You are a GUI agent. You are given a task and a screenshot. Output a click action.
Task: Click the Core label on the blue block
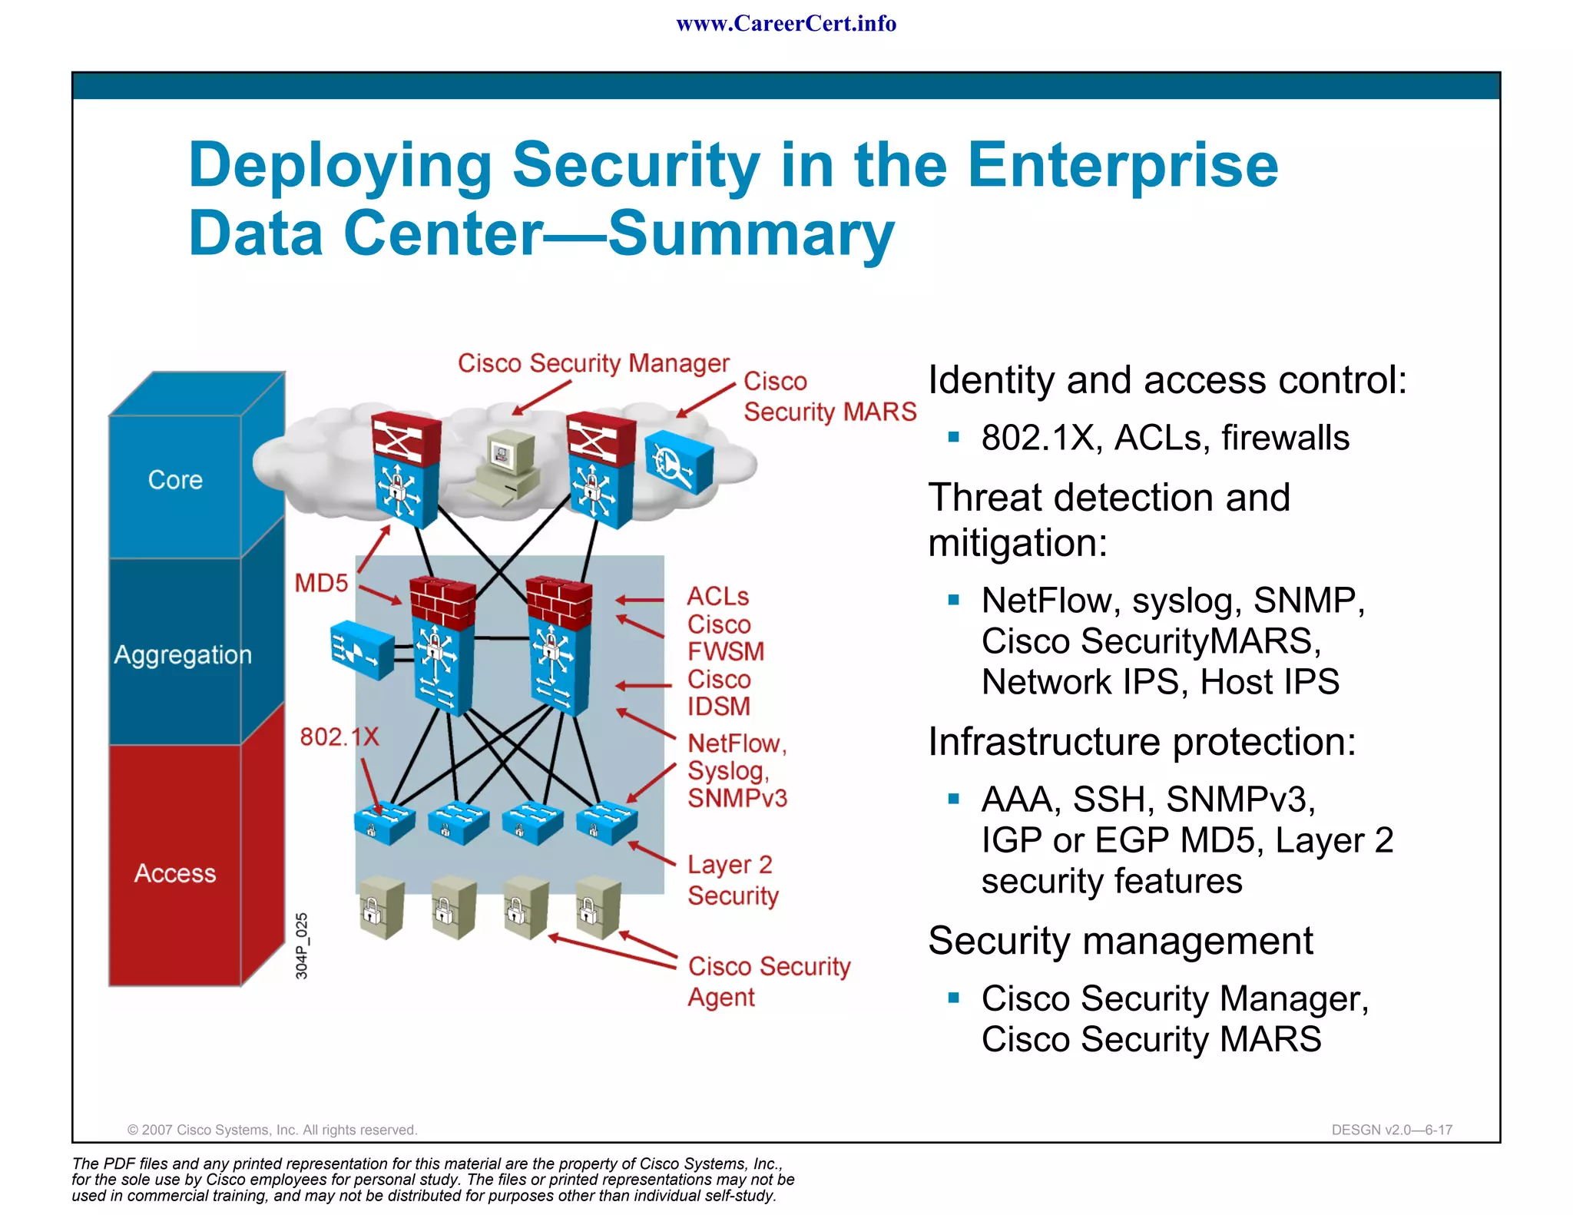pyautogui.click(x=175, y=480)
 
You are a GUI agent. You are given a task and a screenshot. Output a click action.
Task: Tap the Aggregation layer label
pyautogui.click(x=183, y=655)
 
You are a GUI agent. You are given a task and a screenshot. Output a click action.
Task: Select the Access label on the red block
pyautogui.click(x=175, y=873)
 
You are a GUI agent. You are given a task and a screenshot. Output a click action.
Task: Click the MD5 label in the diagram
pyautogui.click(x=321, y=583)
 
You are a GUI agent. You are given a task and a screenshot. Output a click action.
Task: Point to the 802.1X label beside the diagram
pyautogui.click(x=339, y=737)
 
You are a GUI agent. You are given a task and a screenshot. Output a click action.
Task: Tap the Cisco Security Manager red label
pyautogui.click(x=593, y=363)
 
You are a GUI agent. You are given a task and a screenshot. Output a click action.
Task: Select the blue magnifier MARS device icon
pyautogui.click(x=678, y=462)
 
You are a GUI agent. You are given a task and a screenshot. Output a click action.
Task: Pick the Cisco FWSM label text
pyautogui.click(x=725, y=638)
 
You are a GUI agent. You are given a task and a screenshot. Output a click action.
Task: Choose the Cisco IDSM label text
pyautogui.click(x=719, y=693)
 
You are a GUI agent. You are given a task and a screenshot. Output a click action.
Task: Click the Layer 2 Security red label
pyautogui.click(x=732, y=880)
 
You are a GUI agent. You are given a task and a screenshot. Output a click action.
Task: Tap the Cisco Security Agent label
pyautogui.click(x=768, y=981)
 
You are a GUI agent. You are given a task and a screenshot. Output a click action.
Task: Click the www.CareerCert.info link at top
pyautogui.click(x=786, y=24)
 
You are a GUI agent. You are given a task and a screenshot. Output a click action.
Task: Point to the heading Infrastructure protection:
pyautogui.click(x=1141, y=742)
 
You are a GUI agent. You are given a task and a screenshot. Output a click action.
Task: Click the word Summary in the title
pyautogui.click(x=751, y=233)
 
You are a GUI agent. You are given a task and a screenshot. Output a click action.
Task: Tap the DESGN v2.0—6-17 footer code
pyautogui.click(x=1391, y=1130)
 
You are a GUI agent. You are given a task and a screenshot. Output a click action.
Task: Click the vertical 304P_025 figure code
pyautogui.click(x=302, y=945)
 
